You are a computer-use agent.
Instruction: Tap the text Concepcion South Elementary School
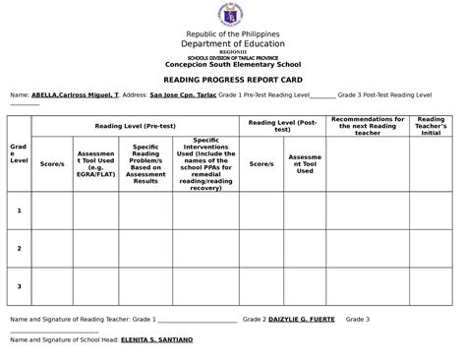point(232,65)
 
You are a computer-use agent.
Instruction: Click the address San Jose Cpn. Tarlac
point(182,95)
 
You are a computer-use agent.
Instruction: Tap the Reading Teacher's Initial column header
point(431,126)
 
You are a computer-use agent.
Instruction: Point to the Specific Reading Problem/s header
point(146,162)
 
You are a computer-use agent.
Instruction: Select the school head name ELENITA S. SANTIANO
point(156,339)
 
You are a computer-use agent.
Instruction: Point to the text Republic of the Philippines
point(232,34)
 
